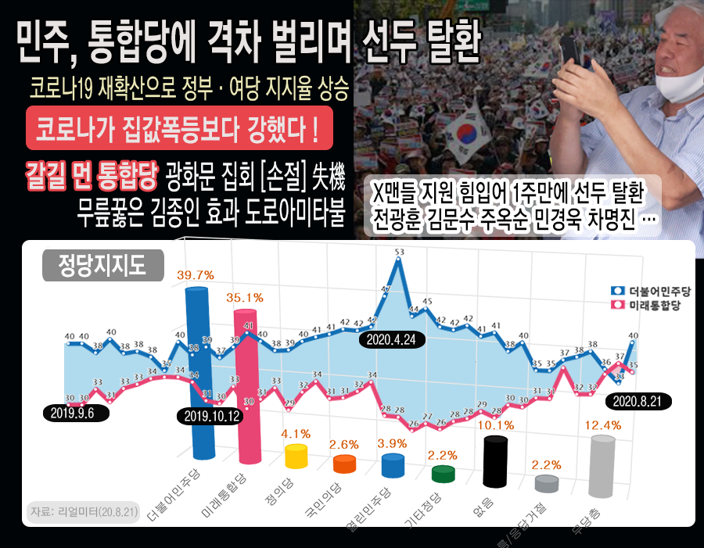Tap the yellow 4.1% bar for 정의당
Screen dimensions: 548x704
(296, 456)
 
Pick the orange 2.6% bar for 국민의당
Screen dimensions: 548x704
(344, 464)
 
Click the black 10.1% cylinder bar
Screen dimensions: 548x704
(494, 461)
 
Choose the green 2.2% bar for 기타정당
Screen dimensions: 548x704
(444, 474)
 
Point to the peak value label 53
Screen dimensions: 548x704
(400, 252)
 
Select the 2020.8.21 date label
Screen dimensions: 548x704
(638, 400)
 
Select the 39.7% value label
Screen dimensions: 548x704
(196, 275)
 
